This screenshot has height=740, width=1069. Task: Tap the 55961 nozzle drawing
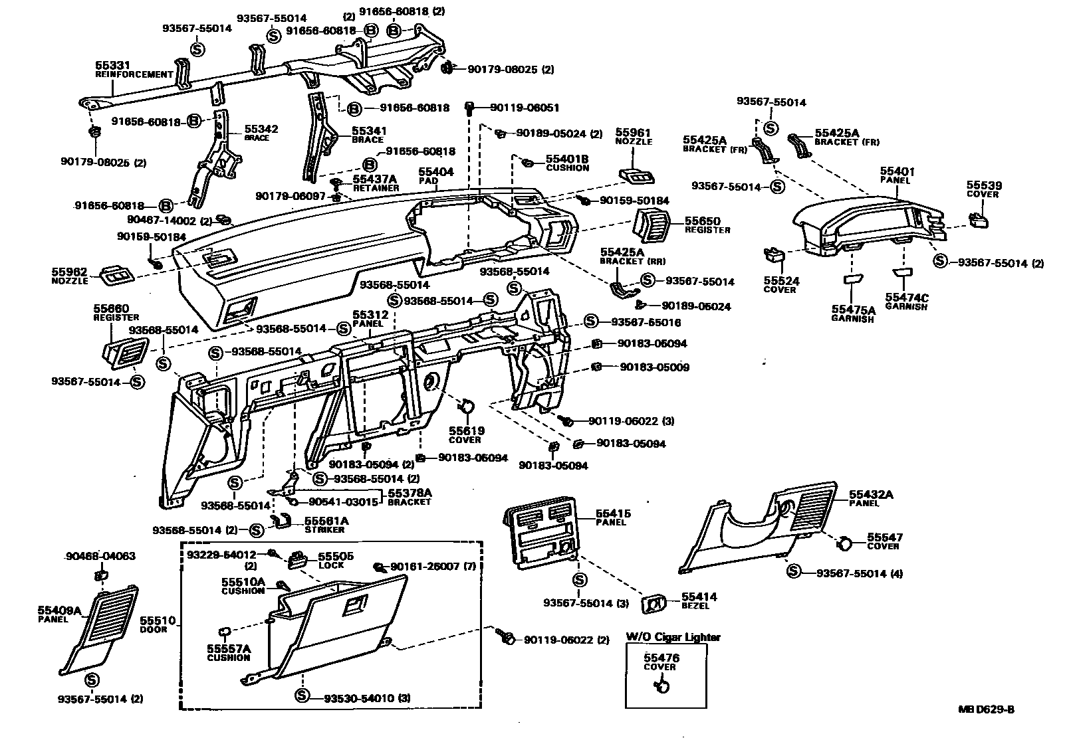636,175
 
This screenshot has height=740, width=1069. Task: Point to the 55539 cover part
977,219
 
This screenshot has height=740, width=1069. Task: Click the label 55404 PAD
436,171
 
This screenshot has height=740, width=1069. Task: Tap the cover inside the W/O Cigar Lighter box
661,685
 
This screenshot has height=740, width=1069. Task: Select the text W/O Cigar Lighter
672,637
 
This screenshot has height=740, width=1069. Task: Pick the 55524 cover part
774,253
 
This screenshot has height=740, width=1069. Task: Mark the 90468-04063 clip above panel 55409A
101,573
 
